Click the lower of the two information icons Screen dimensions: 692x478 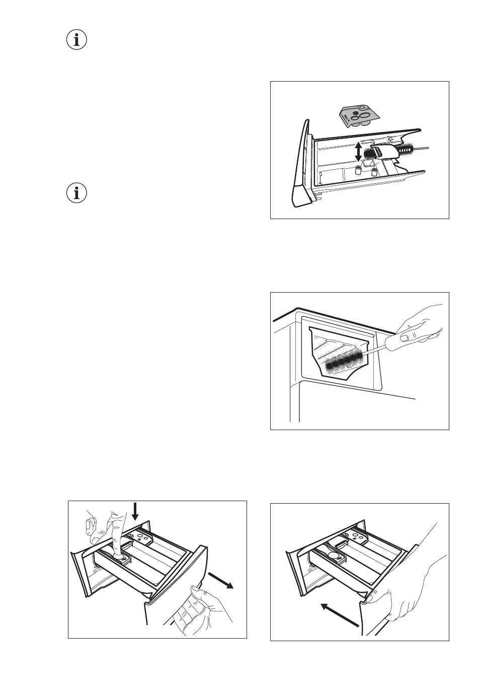[76, 193]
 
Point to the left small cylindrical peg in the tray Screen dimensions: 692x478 [358, 171]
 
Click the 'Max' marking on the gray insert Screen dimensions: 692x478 [346, 119]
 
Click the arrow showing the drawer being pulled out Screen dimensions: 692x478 [222, 579]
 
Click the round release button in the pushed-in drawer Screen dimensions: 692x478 [333, 556]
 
